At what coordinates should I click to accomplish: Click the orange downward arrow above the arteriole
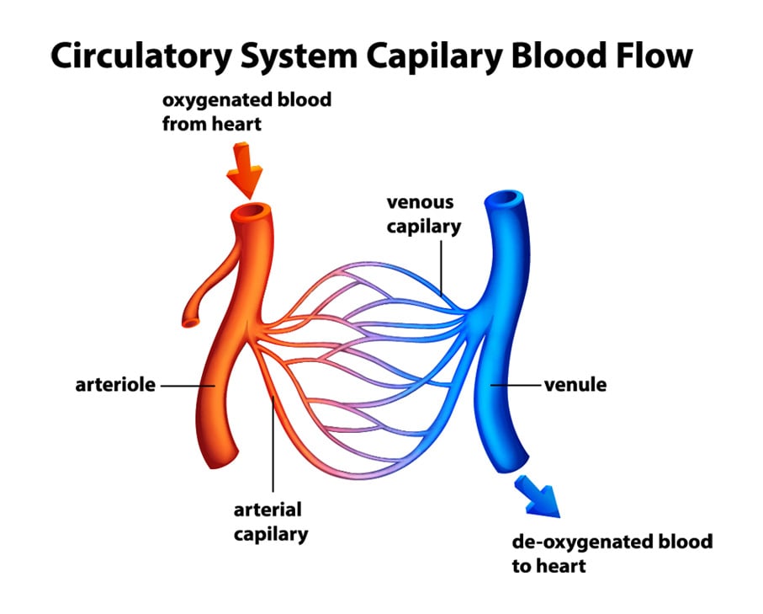click(x=245, y=170)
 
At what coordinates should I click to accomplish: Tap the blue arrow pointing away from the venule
click(x=539, y=497)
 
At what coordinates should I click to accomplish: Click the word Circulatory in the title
click(x=141, y=56)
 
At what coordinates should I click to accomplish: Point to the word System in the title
click(x=299, y=56)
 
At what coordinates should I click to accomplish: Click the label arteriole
click(x=115, y=385)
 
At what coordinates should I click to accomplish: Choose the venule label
click(x=575, y=385)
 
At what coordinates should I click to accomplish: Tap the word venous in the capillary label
click(x=420, y=202)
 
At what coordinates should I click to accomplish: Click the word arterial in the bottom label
click(x=268, y=510)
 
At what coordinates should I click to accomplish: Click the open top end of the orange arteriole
click(x=251, y=212)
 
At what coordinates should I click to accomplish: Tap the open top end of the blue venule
click(x=504, y=199)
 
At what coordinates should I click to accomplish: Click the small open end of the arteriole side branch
click(x=191, y=322)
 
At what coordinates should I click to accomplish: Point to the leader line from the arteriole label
click(x=188, y=386)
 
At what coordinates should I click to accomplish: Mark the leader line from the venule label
click(x=516, y=385)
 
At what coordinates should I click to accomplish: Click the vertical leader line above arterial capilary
click(x=273, y=444)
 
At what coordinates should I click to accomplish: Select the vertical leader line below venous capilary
click(x=442, y=268)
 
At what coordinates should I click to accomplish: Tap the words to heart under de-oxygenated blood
click(x=548, y=566)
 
